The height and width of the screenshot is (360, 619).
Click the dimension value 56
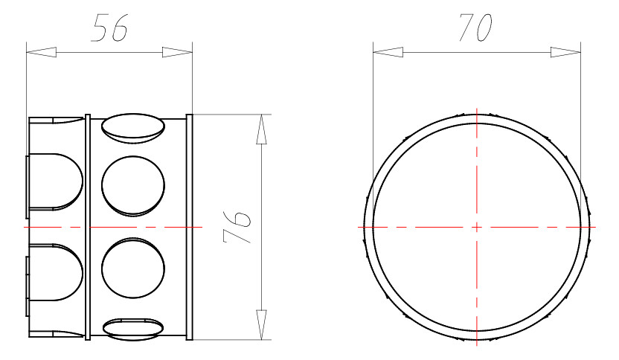pyautogui.click(x=109, y=28)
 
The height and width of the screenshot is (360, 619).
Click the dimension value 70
pyautogui.click(x=475, y=28)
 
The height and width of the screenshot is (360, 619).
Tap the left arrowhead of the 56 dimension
pyautogui.click(x=42, y=52)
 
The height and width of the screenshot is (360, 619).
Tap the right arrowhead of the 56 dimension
pyautogui.click(x=177, y=52)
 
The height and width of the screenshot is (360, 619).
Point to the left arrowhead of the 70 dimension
pyautogui.click(x=388, y=52)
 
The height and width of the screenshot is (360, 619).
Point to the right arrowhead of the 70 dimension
pyautogui.click(x=565, y=52)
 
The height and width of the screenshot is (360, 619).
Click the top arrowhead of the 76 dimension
pyautogui.click(x=260, y=130)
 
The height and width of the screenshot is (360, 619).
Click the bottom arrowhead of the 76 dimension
pyautogui.click(x=260, y=324)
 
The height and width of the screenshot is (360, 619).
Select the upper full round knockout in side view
pyautogui.click(x=132, y=186)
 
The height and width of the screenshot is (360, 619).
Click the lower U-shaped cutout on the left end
pyautogui.click(x=56, y=271)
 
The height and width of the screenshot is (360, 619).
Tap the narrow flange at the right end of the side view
pyautogui.click(x=189, y=227)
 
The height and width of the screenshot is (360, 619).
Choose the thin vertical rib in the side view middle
pyautogui.click(x=89, y=227)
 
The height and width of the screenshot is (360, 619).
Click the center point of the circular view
pyautogui.click(x=475, y=226)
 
